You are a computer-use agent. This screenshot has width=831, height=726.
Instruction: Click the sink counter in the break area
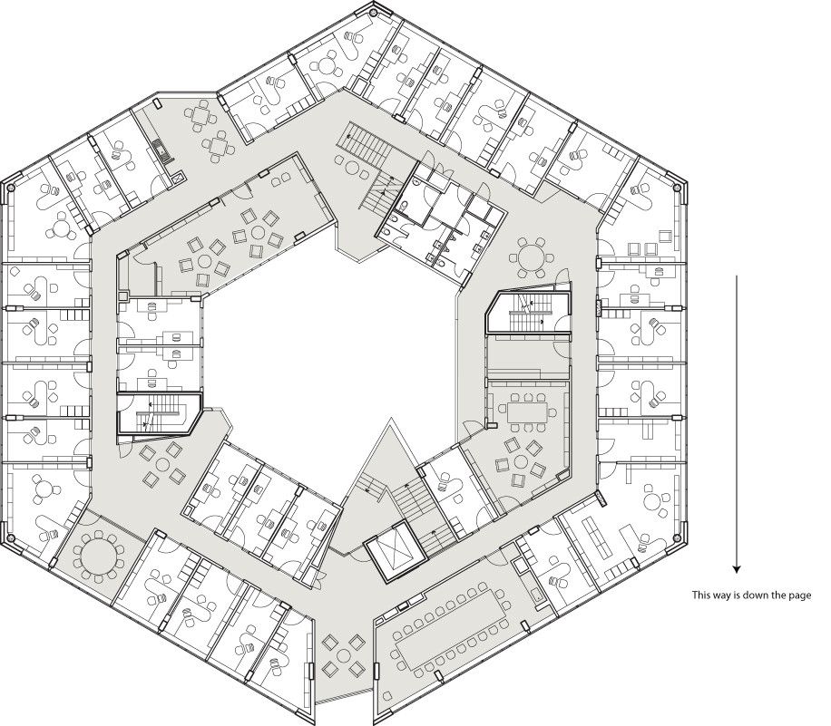coord(161,150)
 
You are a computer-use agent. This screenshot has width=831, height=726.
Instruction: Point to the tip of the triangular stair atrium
coord(391,421)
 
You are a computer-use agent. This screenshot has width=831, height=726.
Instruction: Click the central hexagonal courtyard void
coord(327,353)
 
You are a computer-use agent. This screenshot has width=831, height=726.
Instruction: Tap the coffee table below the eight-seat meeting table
coord(519,460)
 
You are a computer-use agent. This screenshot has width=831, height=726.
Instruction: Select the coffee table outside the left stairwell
coord(161,463)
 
